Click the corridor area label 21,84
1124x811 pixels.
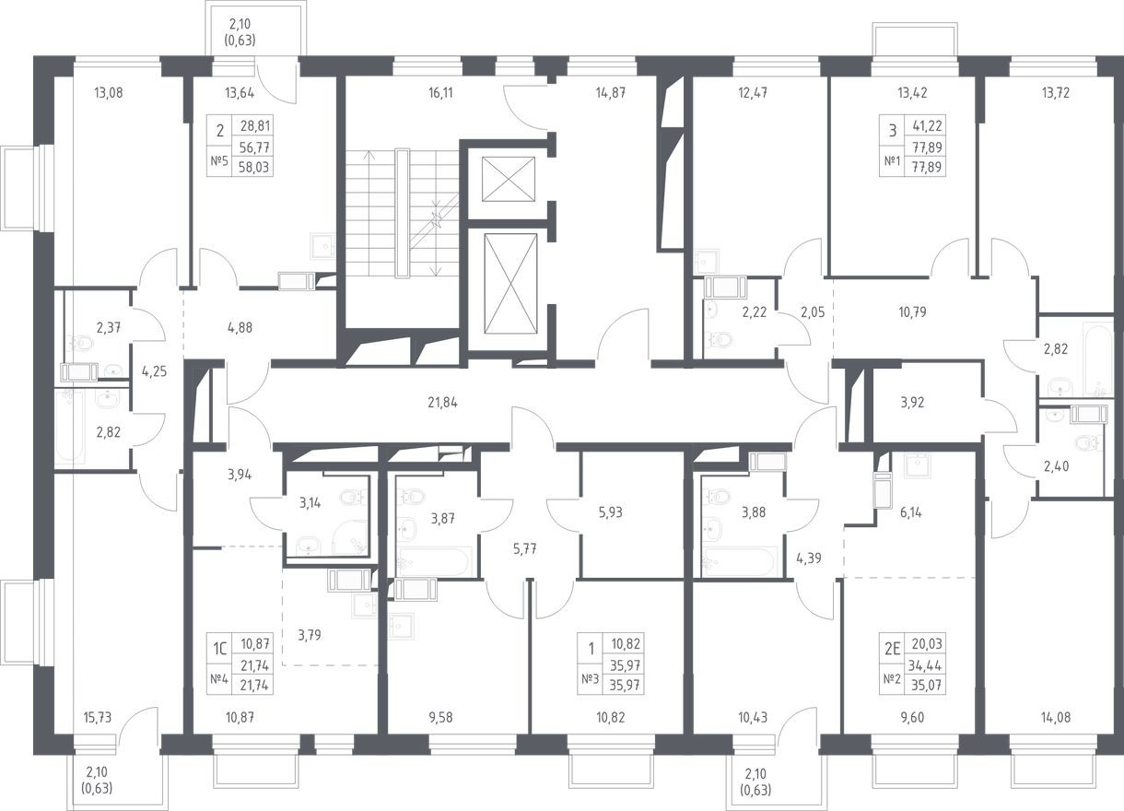click(x=442, y=403)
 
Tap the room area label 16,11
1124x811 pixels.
click(x=440, y=93)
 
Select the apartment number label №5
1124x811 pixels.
click(x=219, y=160)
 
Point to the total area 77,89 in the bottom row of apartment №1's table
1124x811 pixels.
click(x=927, y=167)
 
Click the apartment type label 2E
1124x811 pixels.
click(x=892, y=649)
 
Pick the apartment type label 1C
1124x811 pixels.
click(x=220, y=649)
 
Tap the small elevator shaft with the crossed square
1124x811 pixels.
click(x=509, y=179)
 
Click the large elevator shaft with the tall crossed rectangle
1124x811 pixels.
click(x=510, y=284)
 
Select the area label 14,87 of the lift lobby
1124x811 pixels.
click(x=611, y=93)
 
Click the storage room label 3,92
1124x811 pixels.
click(x=912, y=403)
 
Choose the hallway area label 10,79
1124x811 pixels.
click(x=912, y=312)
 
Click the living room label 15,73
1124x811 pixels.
click(x=98, y=718)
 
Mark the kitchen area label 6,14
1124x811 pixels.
click(x=911, y=513)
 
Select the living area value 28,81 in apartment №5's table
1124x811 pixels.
click(x=255, y=125)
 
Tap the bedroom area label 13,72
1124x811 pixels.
click(x=1055, y=93)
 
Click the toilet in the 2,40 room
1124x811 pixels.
click(x=1087, y=442)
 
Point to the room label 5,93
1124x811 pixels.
click(x=610, y=513)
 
